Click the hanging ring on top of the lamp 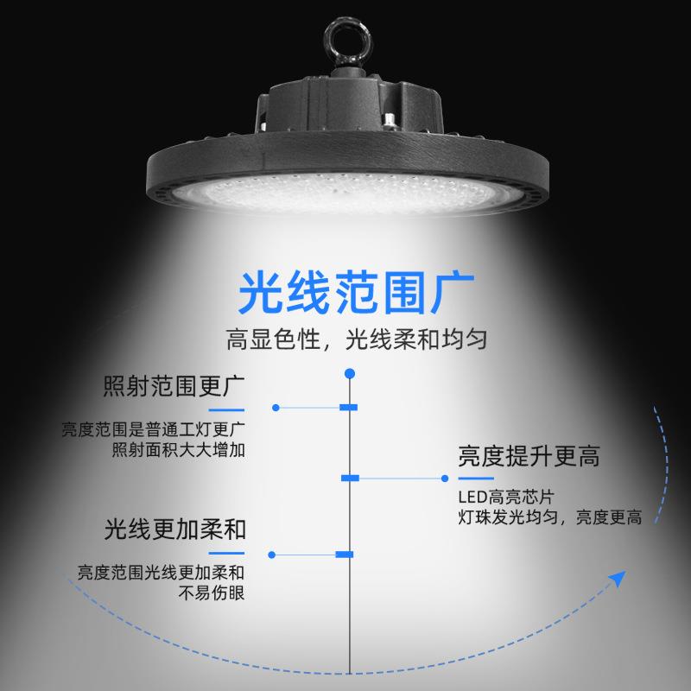tap(343, 39)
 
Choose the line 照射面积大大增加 tap(180, 450)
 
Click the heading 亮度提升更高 tap(529, 457)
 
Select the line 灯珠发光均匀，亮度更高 tap(549, 518)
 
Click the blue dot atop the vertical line tap(350, 373)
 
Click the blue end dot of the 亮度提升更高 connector tap(445, 478)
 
